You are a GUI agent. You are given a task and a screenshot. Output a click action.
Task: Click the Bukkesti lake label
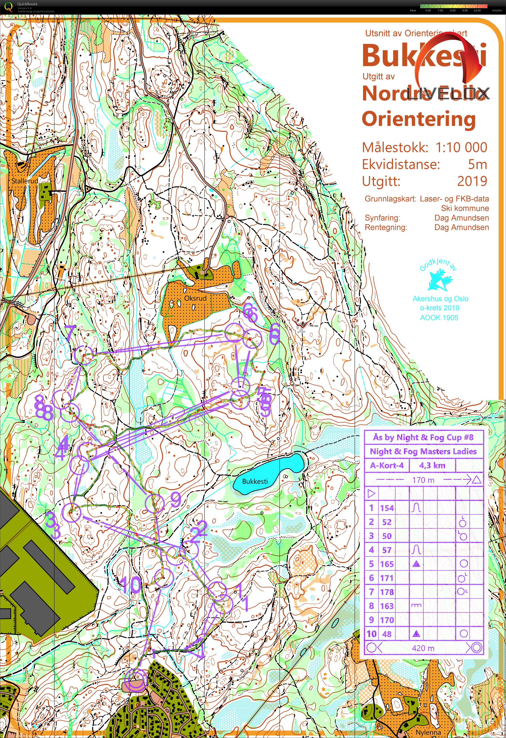pos(255,481)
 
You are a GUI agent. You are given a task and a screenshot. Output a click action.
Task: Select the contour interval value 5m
pos(477,164)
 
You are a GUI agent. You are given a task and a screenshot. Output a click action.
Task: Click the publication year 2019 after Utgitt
pos(472,181)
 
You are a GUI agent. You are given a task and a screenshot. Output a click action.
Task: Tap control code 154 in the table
pos(387,508)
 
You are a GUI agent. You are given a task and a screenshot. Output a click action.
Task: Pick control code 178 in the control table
pos(387,592)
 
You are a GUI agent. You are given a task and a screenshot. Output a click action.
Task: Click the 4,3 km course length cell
pos(432,466)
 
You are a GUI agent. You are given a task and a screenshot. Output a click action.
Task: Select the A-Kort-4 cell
pos(387,466)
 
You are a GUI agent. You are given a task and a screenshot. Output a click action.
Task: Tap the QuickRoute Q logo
pos(9,7)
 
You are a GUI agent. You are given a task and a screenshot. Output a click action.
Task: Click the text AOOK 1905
pos(439,318)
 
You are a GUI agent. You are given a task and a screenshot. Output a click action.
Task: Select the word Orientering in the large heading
pos(419,119)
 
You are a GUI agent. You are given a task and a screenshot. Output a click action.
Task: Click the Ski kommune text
pos(465,208)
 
